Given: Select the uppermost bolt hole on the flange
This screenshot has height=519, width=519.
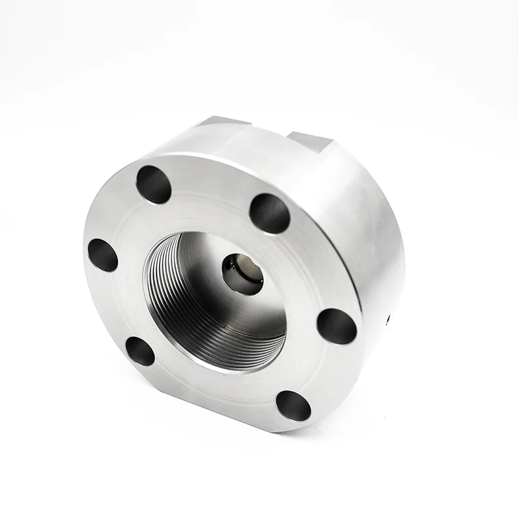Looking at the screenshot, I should point(154,184).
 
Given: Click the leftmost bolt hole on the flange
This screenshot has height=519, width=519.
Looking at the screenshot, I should point(103,255).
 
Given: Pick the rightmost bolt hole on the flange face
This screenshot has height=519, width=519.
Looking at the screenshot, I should point(337,326).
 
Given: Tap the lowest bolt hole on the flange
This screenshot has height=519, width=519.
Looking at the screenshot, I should point(293,405).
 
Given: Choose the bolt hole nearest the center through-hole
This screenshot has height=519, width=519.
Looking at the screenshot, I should point(269,213).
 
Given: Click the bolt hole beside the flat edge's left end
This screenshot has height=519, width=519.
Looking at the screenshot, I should point(139,351).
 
